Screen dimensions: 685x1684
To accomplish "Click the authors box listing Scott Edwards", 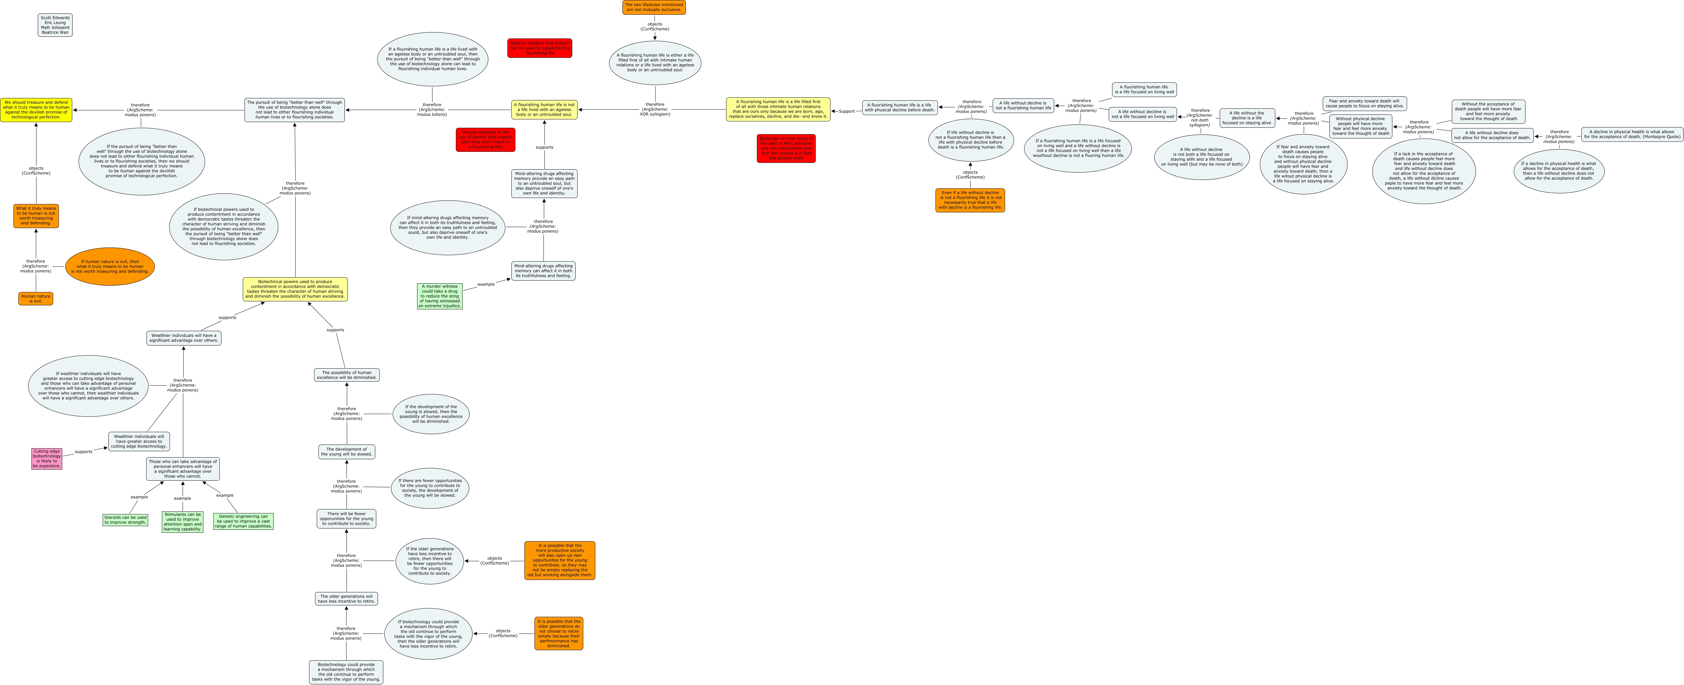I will coord(55,25).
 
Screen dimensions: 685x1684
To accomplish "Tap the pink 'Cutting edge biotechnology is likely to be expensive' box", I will coord(46,458).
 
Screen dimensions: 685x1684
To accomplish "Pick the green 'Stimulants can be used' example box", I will coord(182,521).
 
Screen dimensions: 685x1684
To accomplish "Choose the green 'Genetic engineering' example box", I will coord(243,521).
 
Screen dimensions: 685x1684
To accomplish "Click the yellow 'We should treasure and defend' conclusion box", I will coord(36,110).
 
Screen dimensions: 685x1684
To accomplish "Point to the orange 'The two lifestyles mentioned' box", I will coord(654,7).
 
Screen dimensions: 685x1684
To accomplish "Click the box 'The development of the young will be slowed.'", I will coord(346,452).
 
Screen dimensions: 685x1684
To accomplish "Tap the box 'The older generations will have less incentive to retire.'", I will coord(346,599).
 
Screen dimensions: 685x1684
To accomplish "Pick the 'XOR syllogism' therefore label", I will coord(655,109).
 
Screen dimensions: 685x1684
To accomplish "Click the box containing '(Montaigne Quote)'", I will coord(1632,134).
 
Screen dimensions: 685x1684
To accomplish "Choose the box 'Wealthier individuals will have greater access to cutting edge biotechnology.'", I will coord(139,441).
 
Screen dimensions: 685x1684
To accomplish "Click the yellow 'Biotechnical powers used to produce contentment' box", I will coord(295,289).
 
